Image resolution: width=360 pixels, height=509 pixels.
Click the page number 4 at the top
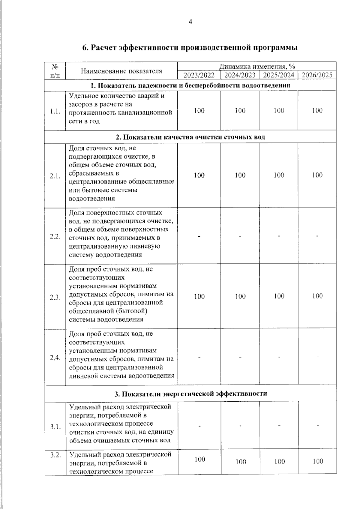coord(190,22)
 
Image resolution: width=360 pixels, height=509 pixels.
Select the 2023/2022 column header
coord(199,75)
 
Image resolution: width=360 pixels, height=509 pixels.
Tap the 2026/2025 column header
coord(317,75)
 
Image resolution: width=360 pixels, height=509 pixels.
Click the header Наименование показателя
coord(121,71)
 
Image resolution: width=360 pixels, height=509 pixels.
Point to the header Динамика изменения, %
coord(257,66)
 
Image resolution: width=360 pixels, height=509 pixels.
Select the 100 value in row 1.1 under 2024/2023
coord(240,111)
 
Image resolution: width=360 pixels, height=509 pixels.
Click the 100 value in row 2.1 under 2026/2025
coord(317,175)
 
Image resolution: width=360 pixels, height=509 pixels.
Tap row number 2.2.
coord(55,236)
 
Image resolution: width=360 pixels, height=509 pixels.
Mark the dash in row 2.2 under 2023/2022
coord(199,236)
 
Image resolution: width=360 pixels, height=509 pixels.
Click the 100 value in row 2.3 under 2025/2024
coord(279,296)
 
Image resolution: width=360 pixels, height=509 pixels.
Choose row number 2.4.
coord(55,358)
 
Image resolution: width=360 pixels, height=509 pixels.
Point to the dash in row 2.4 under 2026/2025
coord(317,357)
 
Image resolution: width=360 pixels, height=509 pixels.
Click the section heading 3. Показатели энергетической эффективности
coord(190,394)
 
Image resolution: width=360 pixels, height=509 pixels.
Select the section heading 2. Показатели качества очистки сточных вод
coord(190,137)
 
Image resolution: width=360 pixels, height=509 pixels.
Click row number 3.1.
coord(55,427)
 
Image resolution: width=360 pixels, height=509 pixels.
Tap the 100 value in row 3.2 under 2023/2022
coord(200,459)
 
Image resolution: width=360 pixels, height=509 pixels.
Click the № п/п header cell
coord(55,71)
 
